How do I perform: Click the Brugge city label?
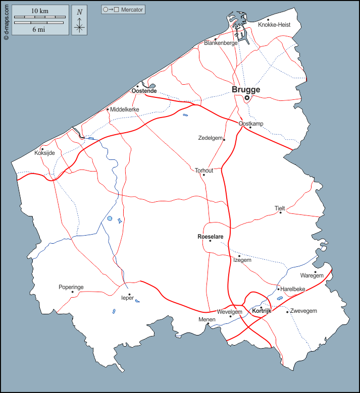coord(246,90)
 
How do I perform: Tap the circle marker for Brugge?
coord(247,98)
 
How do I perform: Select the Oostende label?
coord(144,91)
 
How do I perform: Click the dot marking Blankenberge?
coord(216,39)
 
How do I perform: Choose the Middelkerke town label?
coord(125,109)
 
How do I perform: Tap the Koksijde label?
coord(44,153)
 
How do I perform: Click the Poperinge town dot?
coord(73,292)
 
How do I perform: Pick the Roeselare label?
coord(210,236)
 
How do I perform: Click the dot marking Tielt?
coord(281,212)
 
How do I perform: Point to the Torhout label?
coord(204,171)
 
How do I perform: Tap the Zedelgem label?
coord(210,138)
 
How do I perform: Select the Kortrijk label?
coord(262,311)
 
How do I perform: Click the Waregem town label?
coord(312,275)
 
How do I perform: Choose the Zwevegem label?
coord(303,311)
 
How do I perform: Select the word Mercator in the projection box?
coord(132,10)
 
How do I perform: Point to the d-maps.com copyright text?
coord(6,21)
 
